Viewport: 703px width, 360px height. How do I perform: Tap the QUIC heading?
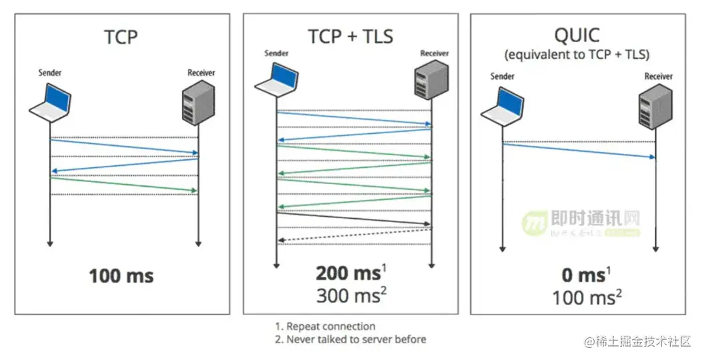click(x=577, y=34)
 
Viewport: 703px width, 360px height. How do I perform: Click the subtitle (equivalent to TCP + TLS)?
click(x=577, y=55)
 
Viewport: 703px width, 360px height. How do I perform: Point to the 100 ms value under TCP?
click(x=122, y=276)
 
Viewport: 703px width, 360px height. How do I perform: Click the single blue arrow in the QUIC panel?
click(x=579, y=151)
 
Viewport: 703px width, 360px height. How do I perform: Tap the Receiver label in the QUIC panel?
click(x=658, y=76)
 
